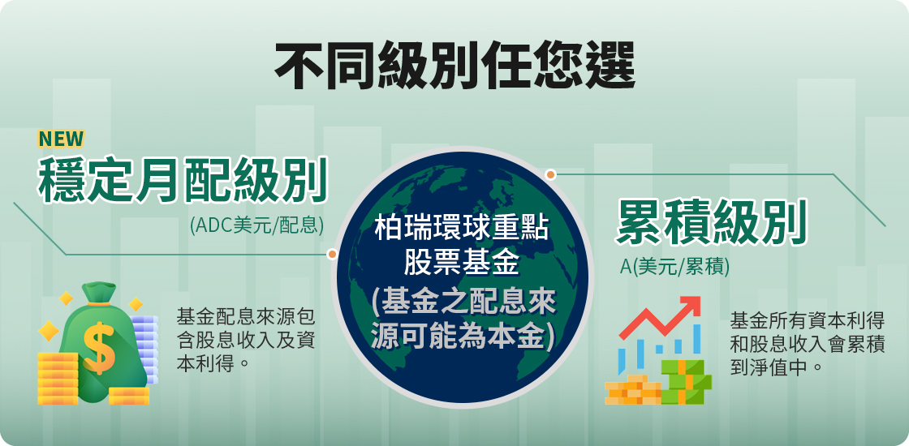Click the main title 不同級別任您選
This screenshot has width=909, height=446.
pos(454,65)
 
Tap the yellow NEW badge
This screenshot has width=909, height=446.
pos(61,139)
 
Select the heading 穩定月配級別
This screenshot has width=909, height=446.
pos(183,179)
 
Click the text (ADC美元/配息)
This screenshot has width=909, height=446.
pos(256,225)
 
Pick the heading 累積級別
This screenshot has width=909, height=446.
pos(711,223)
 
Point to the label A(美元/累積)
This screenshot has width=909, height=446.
pos(674,267)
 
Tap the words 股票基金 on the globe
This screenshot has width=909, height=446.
pos(462,264)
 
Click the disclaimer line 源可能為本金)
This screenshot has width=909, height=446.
pos(462,335)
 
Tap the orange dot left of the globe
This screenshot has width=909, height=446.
pos(332,254)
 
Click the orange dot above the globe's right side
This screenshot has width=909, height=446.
pos(551,174)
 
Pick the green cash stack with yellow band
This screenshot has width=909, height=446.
pos(686,381)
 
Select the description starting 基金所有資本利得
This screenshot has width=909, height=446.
pos(807,344)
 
